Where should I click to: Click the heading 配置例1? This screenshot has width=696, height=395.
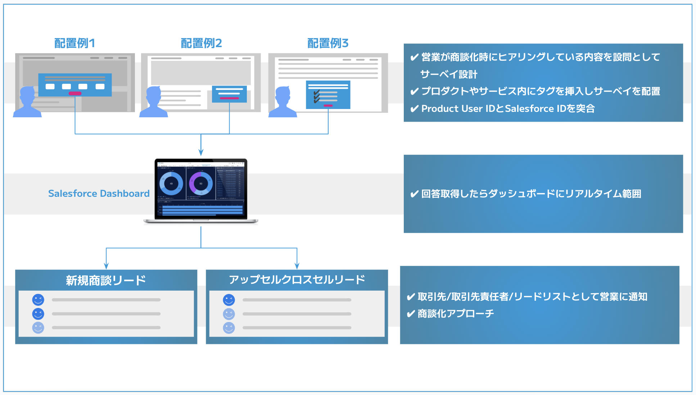74,43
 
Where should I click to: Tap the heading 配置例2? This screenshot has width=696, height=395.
201,43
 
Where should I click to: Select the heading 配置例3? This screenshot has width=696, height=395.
328,43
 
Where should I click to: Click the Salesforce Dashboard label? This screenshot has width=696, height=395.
99,194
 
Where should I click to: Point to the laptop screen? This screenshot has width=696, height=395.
201,189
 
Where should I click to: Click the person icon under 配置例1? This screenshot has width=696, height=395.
27,102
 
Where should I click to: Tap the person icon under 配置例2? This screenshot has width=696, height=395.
154,102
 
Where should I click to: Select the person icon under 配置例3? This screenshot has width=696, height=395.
283,102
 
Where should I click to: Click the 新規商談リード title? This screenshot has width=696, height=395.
106,280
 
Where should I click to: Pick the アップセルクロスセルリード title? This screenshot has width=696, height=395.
297,280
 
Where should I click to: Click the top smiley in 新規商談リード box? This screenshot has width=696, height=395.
38,300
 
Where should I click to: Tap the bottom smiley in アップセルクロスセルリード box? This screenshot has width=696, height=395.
229,328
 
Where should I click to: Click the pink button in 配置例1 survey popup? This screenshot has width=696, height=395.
75,94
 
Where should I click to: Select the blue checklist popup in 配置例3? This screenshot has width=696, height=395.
328,95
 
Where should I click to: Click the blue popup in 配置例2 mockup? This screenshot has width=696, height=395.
229,94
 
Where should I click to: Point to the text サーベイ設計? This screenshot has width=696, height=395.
449,74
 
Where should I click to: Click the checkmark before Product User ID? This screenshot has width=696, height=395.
415,109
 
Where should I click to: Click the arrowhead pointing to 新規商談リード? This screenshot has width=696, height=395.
106,266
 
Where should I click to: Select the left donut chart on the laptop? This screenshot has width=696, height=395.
171,183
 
